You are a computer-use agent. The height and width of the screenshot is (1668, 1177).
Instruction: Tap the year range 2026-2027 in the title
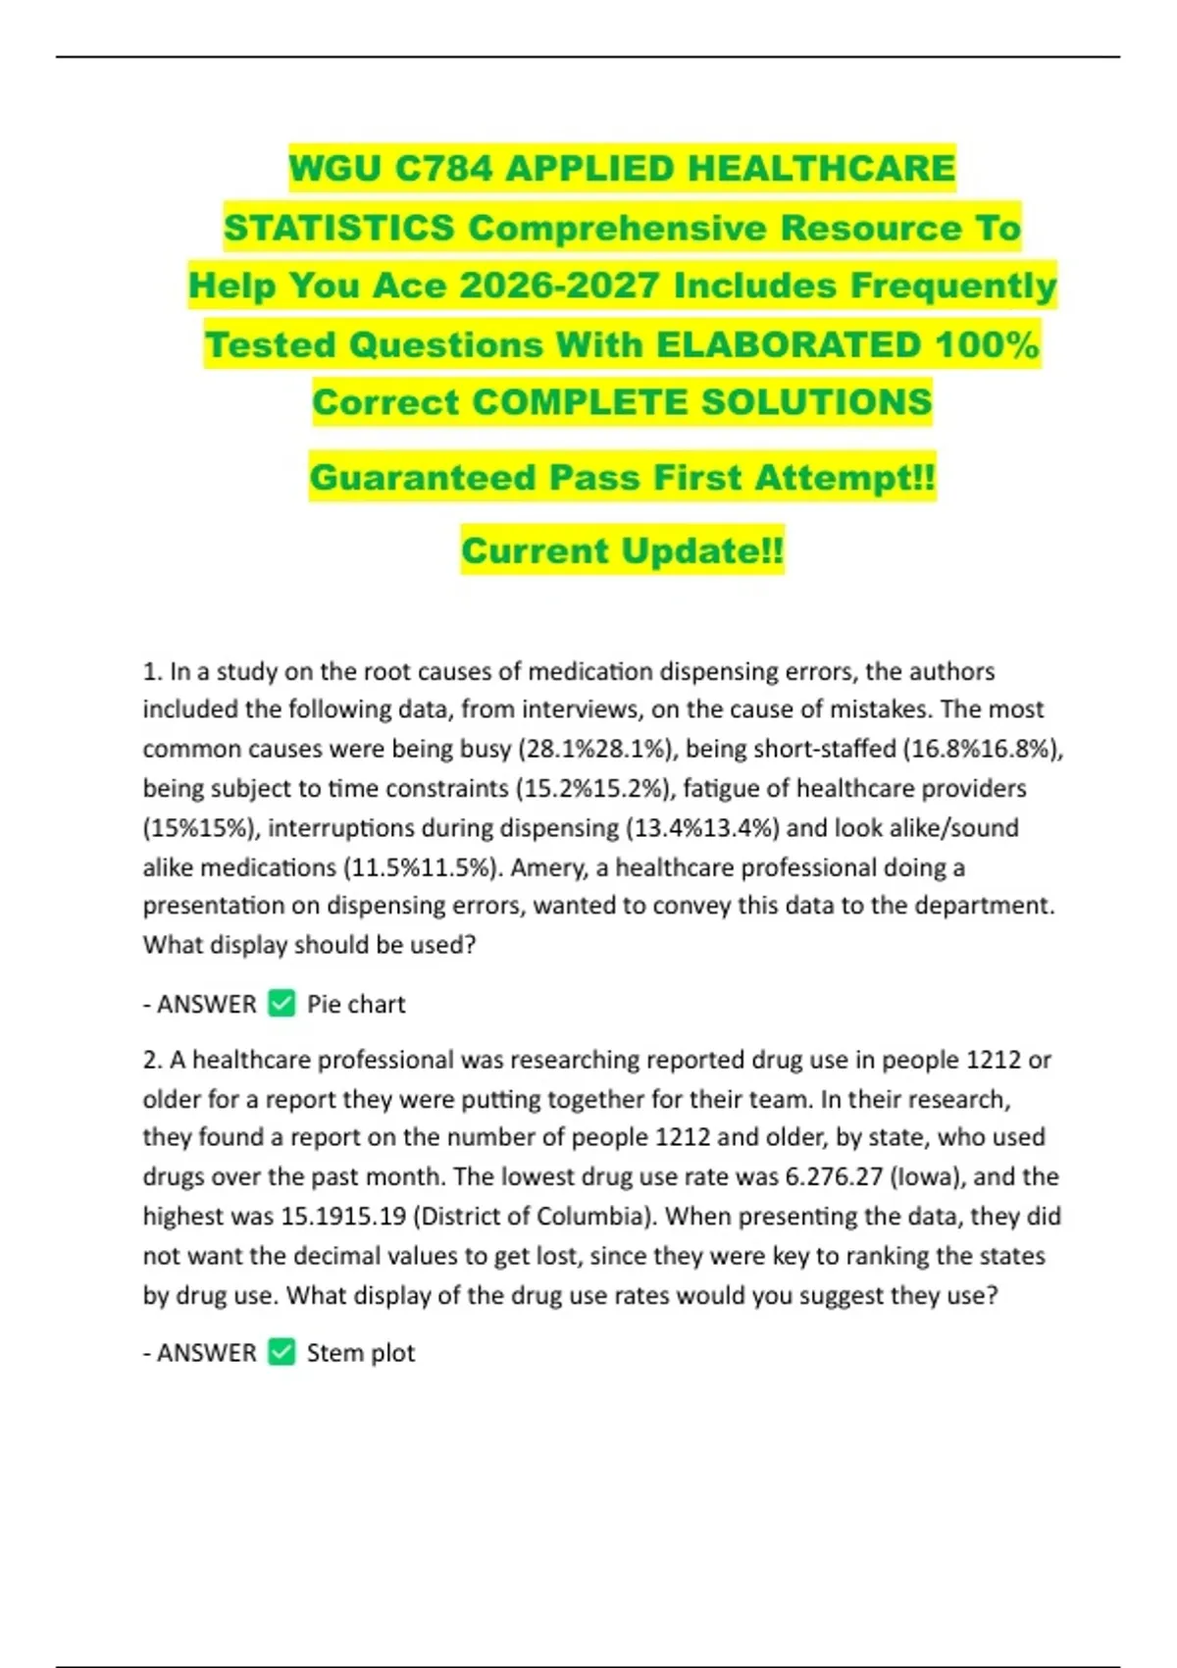559,286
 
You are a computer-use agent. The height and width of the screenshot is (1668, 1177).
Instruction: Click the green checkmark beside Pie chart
281,1004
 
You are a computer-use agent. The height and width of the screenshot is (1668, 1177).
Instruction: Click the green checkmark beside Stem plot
281,1352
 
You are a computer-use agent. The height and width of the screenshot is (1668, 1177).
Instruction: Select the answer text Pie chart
356,1004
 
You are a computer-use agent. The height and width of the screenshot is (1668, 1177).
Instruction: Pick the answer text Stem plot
361,1352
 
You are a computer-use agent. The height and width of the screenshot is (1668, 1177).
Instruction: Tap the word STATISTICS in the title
339,228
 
